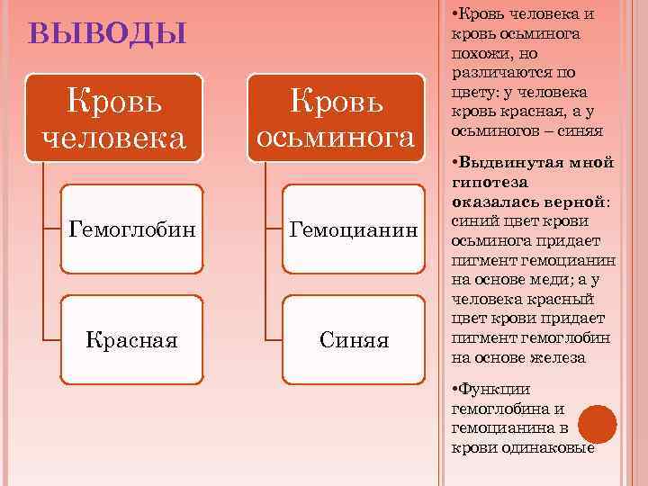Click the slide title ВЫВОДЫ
(x=107, y=34)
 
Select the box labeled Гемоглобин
(x=130, y=229)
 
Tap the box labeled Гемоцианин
(x=353, y=229)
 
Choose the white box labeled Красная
(x=130, y=340)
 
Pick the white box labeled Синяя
(x=353, y=340)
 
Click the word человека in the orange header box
(x=114, y=138)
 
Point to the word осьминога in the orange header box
(x=336, y=138)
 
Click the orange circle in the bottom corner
(x=598, y=425)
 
